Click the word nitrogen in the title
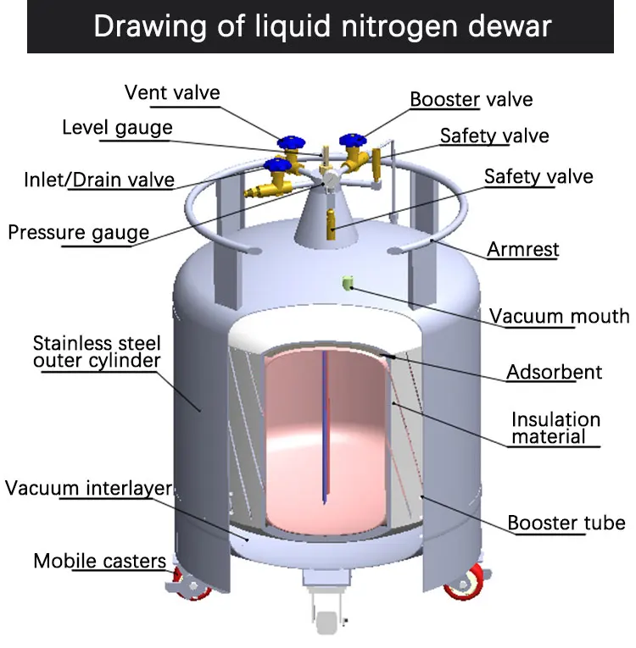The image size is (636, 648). coord(399,27)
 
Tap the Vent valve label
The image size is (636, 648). coord(172,92)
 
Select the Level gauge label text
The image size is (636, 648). coord(117,128)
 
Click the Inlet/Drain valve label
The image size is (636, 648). coord(99,180)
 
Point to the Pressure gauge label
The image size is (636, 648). coord(79,233)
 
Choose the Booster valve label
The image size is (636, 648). coord(471,99)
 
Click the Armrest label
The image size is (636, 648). coord(523,249)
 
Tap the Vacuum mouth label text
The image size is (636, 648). coord(559,316)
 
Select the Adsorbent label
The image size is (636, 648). coord(554,372)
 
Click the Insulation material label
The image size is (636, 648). coord(555,428)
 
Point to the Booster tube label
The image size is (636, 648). coord(566,523)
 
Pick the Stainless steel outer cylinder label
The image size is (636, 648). coord(97,352)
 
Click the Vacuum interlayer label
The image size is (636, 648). coord(88,488)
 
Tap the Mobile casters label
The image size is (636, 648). coord(100,561)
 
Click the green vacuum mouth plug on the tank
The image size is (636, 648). coord(348,283)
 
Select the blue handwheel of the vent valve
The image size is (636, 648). coord(291,141)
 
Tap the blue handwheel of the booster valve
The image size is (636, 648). coord(353,140)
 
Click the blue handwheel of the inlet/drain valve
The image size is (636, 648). coord(277,165)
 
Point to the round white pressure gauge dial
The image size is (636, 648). coord(330,180)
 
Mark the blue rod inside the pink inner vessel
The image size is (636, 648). coord(326,427)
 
